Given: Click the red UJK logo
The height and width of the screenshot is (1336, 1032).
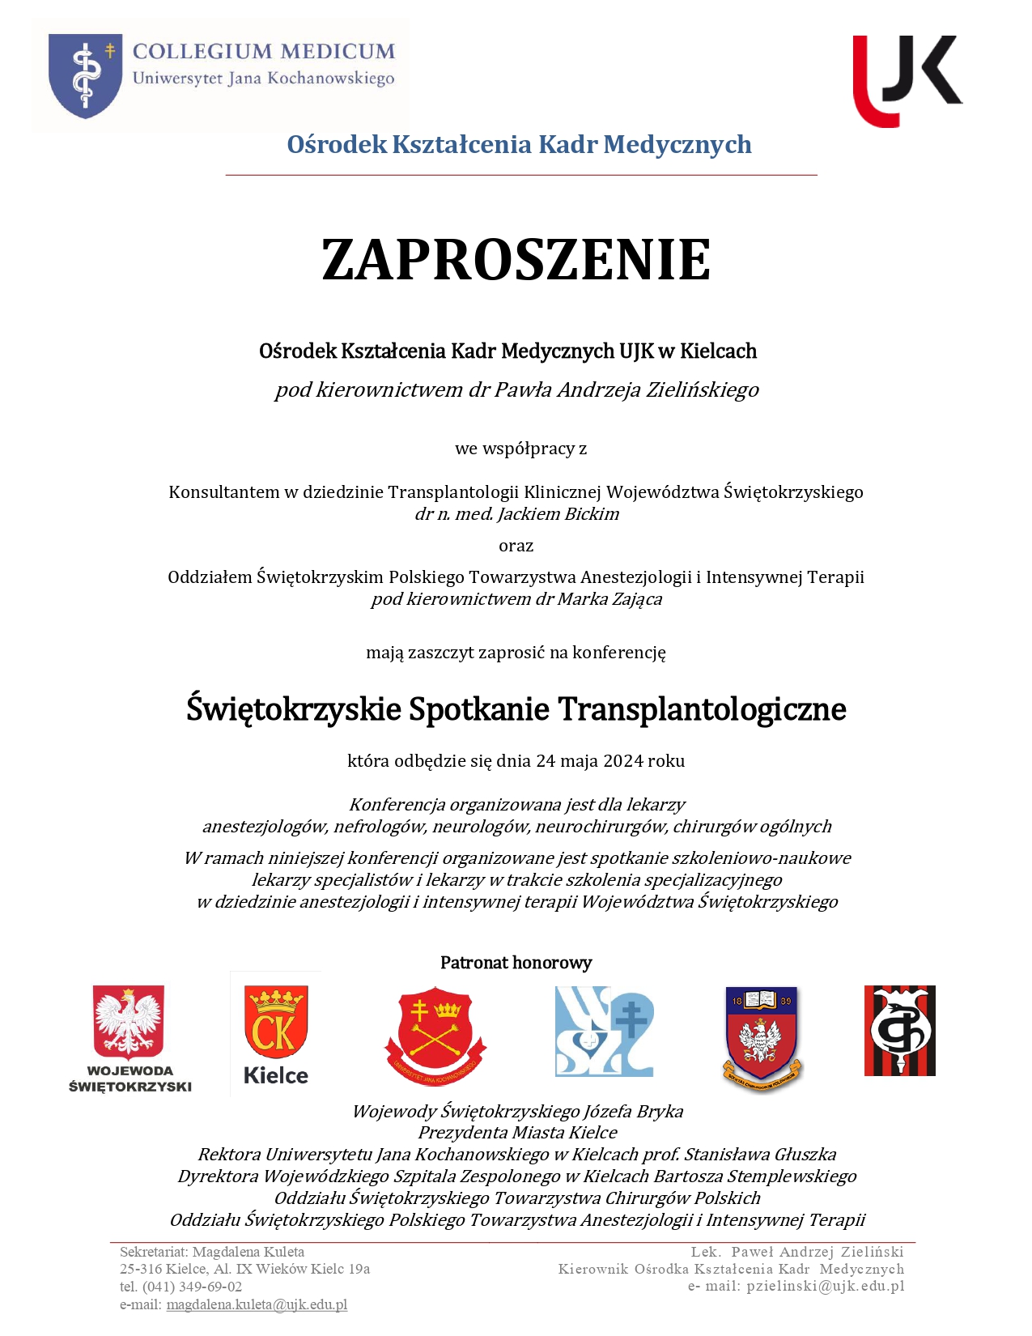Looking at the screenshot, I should click(907, 80).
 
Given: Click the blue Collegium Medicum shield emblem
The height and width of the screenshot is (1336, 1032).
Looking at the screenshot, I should click(85, 74).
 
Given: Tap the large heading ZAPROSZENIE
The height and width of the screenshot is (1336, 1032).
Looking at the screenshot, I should click(516, 260).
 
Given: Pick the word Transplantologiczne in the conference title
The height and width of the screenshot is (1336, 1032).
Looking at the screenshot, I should click(701, 709).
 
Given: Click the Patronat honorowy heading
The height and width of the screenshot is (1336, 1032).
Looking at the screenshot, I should click(516, 963).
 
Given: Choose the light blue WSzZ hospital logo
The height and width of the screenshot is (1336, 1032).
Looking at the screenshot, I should click(604, 1031).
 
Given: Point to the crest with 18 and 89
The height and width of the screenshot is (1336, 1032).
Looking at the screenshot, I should click(762, 1036).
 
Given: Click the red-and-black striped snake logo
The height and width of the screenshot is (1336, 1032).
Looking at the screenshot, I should click(899, 1030).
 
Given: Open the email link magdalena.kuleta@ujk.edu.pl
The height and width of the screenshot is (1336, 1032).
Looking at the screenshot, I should click(257, 1304).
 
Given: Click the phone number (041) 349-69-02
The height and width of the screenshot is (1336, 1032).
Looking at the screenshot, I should click(192, 1287).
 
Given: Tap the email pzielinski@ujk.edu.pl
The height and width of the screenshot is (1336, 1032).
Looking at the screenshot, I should click(826, 1286).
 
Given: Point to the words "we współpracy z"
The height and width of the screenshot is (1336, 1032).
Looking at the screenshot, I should click(520, 449).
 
